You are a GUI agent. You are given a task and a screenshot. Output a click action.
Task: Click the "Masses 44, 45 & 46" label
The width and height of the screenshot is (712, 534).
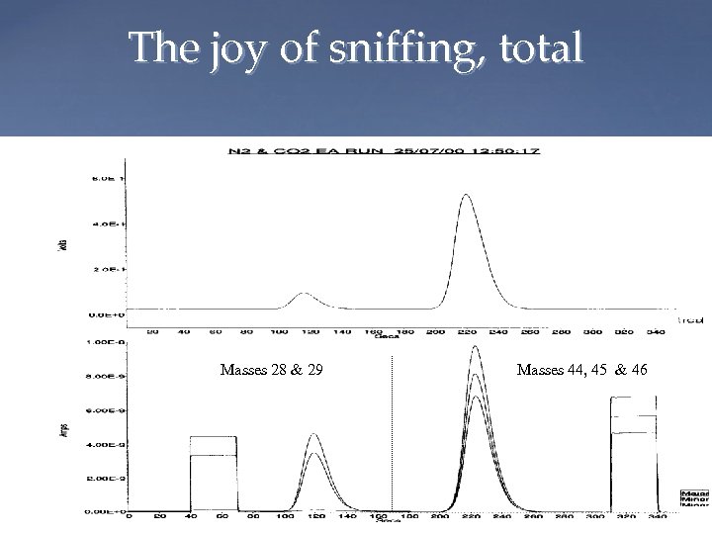[581, 371]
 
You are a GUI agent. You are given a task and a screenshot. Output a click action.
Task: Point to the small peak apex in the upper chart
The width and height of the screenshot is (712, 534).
[305, 294]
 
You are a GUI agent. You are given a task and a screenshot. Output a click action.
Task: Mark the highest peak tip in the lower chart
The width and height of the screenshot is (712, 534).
[476, 346]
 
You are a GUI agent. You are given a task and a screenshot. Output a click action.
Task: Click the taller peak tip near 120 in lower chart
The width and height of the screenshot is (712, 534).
[314, 434]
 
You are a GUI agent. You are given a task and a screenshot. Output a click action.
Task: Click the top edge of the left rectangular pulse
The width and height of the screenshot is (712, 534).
[213, 436]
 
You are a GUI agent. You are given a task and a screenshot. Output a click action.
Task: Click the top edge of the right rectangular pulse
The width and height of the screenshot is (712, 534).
[634, 397]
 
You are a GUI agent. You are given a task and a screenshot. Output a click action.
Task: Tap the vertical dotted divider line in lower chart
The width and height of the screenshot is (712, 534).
[393, 435]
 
